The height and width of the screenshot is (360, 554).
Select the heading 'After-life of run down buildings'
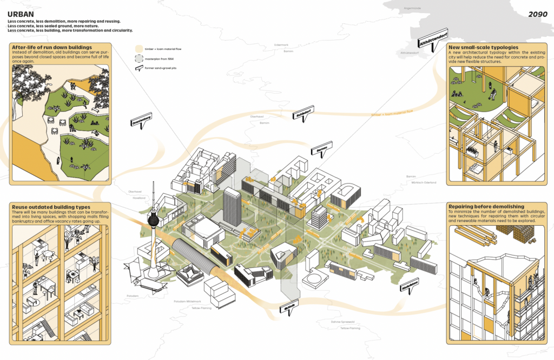tap(51, 47)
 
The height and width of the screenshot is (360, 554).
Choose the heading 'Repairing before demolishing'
tap(486, 206)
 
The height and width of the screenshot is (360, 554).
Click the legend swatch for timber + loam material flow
tap(139, 49)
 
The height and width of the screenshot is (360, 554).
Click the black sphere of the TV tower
tap(154, 221)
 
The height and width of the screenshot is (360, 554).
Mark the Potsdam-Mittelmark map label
tap(189, 301)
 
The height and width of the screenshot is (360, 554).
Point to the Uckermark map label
tap(282, 45)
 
